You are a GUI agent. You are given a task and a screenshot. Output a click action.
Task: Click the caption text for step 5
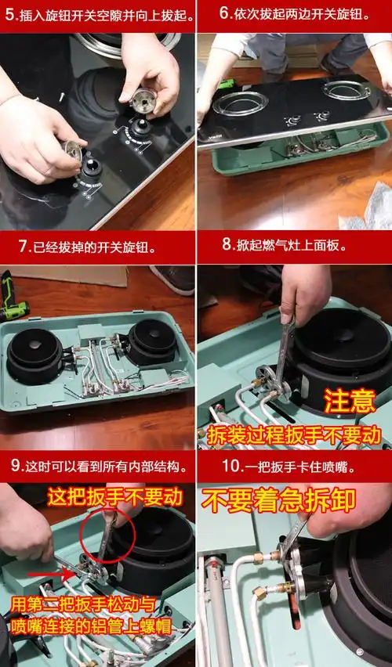97,14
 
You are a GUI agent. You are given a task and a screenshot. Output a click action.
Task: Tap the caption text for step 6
294,14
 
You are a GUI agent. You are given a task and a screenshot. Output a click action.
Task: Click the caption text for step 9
97,467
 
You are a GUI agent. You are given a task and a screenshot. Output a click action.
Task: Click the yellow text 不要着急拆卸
279,499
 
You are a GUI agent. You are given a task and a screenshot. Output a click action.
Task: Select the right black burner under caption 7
151,341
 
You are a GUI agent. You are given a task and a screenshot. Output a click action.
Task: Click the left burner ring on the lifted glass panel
239,103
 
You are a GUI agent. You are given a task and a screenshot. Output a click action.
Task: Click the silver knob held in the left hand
72,152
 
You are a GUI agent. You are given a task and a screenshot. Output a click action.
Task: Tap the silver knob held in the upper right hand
144,100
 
